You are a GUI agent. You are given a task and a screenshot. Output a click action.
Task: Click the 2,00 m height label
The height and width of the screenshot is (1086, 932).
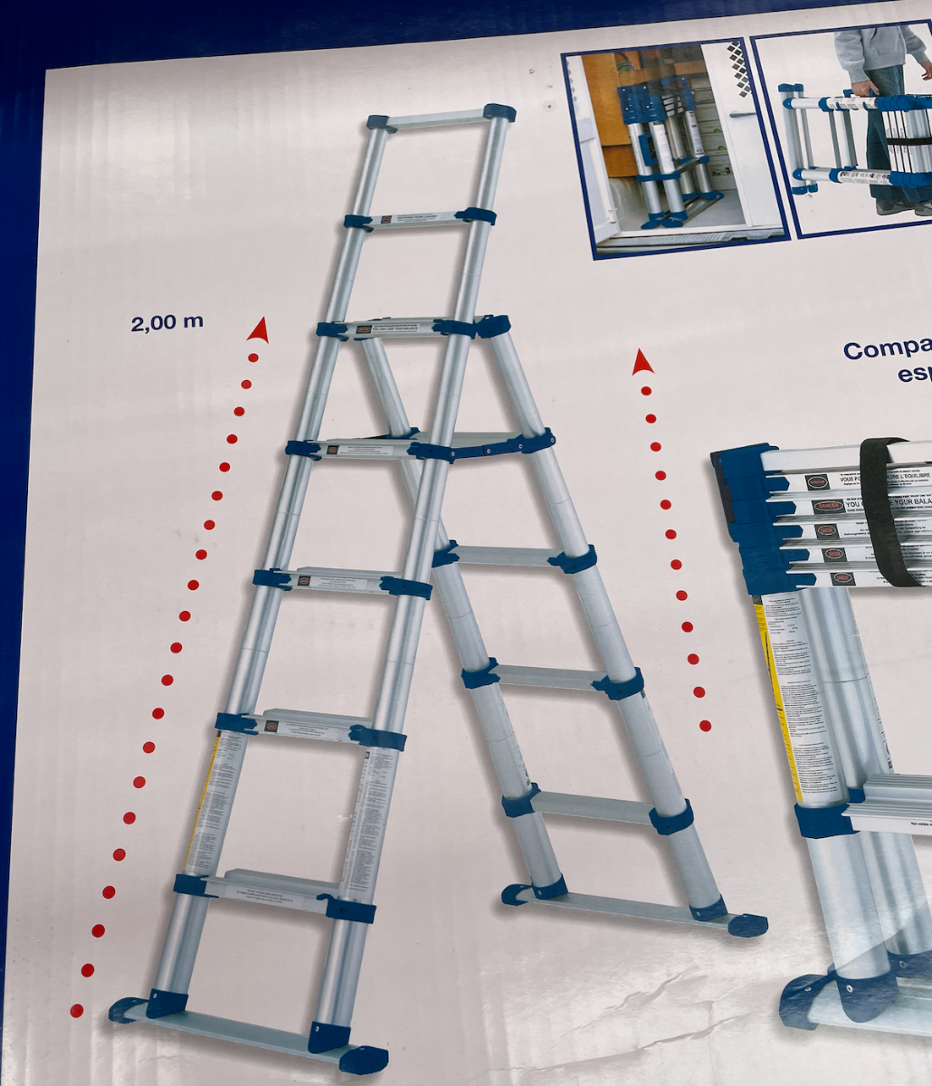(x=166, y=322)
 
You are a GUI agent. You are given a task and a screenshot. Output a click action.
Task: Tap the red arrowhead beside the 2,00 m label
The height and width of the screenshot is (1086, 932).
(x=259, y=330)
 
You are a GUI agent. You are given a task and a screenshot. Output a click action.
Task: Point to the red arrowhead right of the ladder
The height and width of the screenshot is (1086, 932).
(x=642, y=363)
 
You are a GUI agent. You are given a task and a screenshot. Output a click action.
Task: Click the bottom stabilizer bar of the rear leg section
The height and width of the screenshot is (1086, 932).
(x=633, y=908)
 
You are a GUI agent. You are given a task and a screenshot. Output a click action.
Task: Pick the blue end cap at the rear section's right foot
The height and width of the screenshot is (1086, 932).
(x=747, y=925)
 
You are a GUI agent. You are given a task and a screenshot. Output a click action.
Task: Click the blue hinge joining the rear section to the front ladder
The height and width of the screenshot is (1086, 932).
(x=492, y=326)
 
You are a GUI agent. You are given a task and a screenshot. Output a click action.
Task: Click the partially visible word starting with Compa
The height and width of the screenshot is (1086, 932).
(x=887, y=350)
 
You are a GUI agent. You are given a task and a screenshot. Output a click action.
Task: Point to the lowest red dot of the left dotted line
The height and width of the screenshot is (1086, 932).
(x=77, y=1010)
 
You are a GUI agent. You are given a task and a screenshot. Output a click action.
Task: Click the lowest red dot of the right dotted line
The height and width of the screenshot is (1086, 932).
(x=705, y=726)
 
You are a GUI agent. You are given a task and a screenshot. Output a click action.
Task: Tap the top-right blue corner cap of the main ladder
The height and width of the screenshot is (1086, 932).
(x=499, y=112)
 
